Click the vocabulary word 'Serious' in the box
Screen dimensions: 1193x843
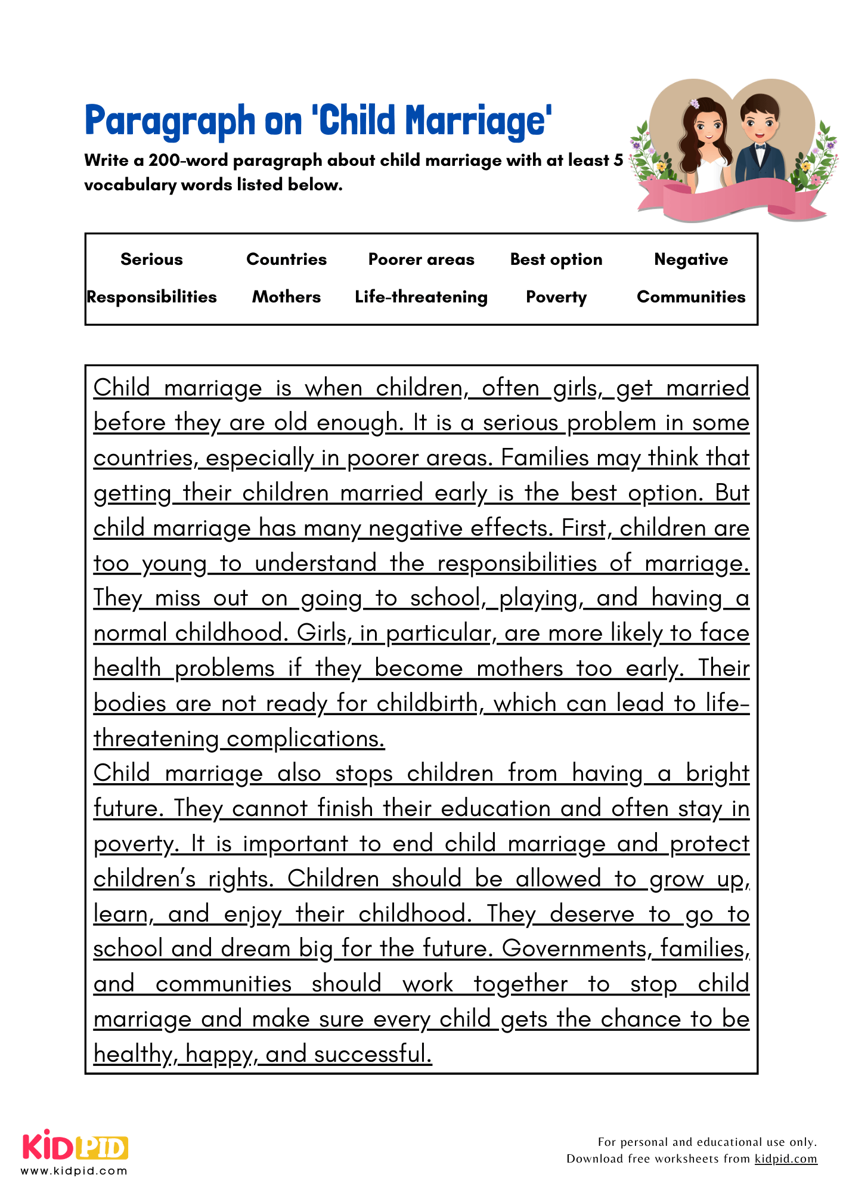click(151, 259)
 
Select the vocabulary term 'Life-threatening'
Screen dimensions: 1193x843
click(421, 297)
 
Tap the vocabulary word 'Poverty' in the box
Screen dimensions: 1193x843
click(556, 297)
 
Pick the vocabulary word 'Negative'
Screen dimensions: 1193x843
click(690, 259)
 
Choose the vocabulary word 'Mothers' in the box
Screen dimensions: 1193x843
click(286, 297)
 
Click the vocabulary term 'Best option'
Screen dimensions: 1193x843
click(556, 259)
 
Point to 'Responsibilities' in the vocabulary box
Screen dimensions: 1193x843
click(151, 297)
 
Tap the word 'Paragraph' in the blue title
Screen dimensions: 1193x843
click(170, 122)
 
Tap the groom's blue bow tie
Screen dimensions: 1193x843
click(760, 146)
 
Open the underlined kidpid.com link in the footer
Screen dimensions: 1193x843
click(785, 1158)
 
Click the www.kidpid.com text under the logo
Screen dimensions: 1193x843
click(74, 1171)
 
